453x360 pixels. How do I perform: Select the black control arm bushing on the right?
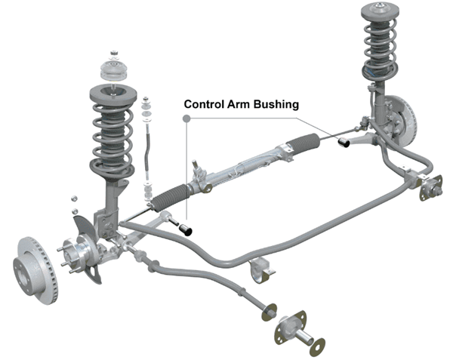tap(343, 141)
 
